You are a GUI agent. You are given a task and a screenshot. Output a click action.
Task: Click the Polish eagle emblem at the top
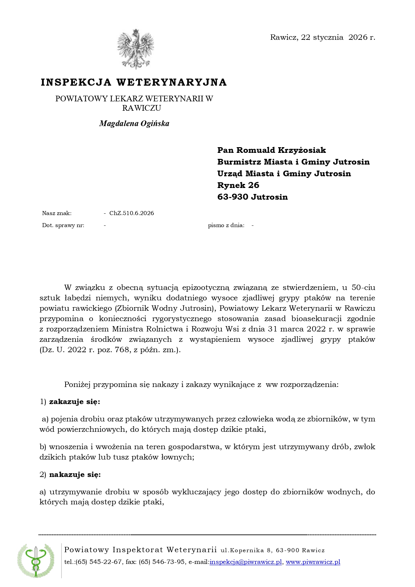click(x=135, y=49)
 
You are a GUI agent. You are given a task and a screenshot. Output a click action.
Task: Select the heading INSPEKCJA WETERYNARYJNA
click(x=134, y=82)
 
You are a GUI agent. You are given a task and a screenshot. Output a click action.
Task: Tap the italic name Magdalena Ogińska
click(x=134, y=123)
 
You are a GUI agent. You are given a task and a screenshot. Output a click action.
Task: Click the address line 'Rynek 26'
click(x=238, y=185)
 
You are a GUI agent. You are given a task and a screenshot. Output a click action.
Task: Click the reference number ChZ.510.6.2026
click(x=131, y=213)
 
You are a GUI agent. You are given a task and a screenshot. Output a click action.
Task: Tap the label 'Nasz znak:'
click(x=57, y=213)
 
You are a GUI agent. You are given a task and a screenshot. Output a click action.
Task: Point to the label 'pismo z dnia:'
click(x=226, y=225)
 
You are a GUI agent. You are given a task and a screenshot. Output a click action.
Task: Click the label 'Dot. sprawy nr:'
click(x=63, y=225)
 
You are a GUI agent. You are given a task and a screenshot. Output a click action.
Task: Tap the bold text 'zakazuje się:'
click(x=75, y=402)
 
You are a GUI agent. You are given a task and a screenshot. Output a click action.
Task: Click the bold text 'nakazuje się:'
click(x=75, y=475)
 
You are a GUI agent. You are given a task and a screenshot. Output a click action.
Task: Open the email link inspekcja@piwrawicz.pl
click(x=246, y=562)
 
